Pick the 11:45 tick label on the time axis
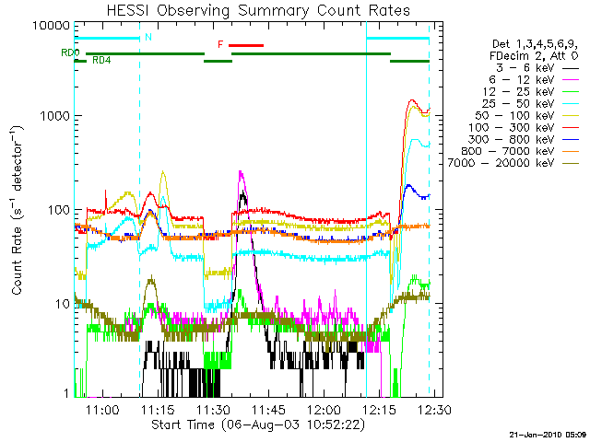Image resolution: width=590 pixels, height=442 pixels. pos(268,409)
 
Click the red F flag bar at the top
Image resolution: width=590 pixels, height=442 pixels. pos(246,44)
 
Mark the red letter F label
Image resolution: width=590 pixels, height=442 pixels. pos(219,44)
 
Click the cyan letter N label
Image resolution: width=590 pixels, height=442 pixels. pos(147,38)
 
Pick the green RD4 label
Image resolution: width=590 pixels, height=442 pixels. pos(101,60)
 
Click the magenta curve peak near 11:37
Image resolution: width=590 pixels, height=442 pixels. pos(241,172)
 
